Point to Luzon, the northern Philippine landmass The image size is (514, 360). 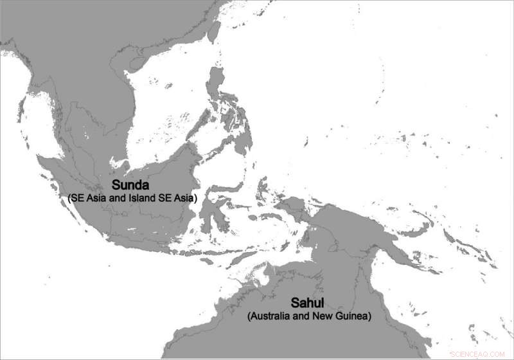tap(218, 90)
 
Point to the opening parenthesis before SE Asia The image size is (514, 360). tap(69, 198)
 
